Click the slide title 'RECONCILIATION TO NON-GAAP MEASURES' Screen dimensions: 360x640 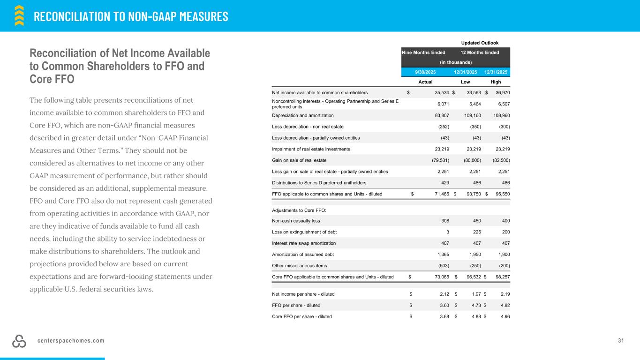coord(131,16)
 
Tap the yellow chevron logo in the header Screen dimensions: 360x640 coord(19,15)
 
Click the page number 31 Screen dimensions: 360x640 coord(621,340)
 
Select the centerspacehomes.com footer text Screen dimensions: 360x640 coord(71,340)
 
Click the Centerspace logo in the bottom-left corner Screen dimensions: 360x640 coord(20,342)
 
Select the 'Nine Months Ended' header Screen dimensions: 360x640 coord(423,52)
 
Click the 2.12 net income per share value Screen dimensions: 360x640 coord(444,294)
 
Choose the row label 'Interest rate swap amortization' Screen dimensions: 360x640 coord(304,243)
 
